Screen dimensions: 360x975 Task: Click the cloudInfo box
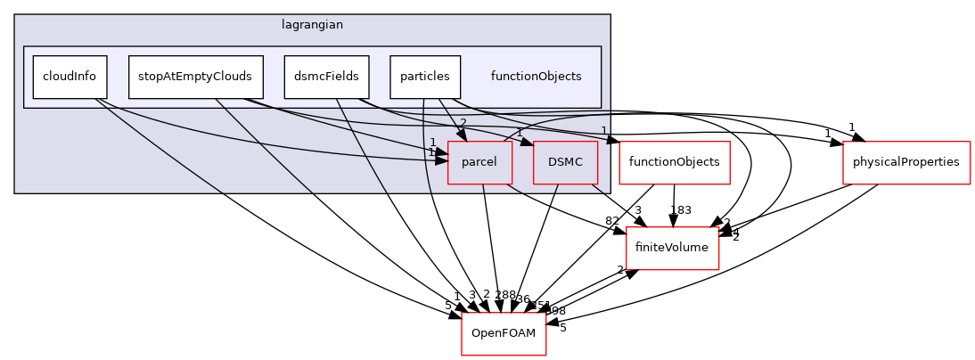[x=70, y=77]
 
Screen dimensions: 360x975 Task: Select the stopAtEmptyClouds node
[x=195, y=77]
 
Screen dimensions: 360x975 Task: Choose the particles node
[x=424, y=77]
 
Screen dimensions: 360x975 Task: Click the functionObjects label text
[x=536, y=77]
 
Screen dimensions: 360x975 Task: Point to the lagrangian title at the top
[x=312, y=25]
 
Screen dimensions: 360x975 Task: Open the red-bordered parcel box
[x=479, y=162]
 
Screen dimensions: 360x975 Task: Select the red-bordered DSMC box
[x=565, y=162]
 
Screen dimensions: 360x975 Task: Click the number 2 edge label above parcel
[x=463, y=123]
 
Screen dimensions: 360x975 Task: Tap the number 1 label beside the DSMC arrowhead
[x=520, y=133]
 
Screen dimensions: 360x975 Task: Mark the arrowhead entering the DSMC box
[x=528, y=143]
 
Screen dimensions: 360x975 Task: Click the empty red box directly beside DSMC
[x=675, y=163]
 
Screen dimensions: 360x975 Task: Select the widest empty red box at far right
[x=906, y=163]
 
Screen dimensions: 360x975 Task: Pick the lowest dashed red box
[x=504, y=334]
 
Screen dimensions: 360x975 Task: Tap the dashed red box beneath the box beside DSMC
[x=673, y=249]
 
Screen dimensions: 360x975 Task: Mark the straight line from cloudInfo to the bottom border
[x=160, y=147]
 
